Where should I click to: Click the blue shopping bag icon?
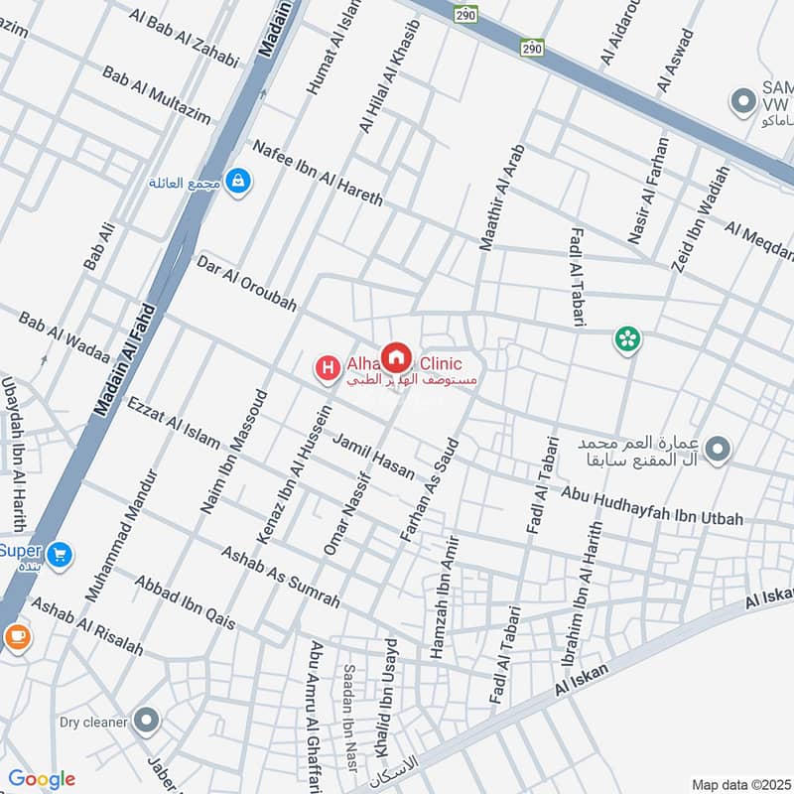(x=237, y=182)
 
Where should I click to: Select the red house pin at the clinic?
(x=396, y=357)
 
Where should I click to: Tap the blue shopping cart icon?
(x=60, y=554)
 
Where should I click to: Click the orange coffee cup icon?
(x=16, y=637)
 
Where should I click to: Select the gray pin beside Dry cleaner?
(x=147, y=722)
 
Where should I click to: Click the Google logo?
(x=41, y=779)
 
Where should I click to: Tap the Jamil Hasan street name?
(x=373, y=457)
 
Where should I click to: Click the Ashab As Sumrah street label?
(x=280, y=577)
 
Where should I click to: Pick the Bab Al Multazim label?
(x=157, y=94)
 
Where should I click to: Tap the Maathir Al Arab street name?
(x=500, y=197)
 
